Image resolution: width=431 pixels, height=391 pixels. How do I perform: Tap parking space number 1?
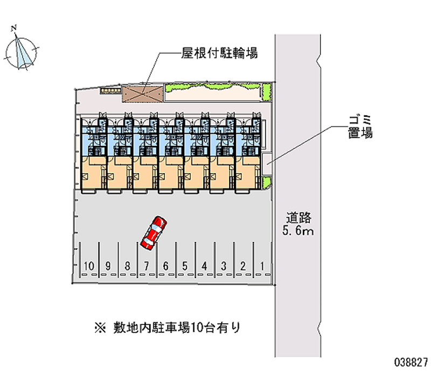262,265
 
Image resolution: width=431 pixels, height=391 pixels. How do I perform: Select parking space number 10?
89,265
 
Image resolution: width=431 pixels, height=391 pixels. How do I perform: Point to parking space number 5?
185,265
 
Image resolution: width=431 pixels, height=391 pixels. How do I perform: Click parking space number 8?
127,265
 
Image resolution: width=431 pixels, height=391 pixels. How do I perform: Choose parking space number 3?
224,265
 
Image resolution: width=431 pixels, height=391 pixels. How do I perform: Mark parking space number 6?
165,265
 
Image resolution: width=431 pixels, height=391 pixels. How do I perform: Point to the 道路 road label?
299,218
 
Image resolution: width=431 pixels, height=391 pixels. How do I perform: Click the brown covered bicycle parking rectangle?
141,93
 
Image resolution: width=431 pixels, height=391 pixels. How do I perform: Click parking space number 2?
243,265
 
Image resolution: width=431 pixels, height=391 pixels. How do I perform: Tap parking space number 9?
108,265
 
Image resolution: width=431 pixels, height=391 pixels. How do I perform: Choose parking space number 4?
204,265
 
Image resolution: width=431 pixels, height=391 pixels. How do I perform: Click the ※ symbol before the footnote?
99,327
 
